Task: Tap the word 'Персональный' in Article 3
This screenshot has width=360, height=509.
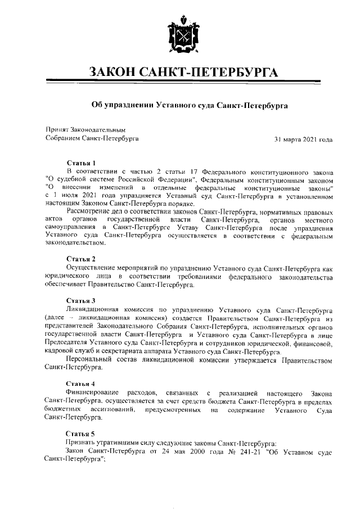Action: (x=88, y=359)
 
